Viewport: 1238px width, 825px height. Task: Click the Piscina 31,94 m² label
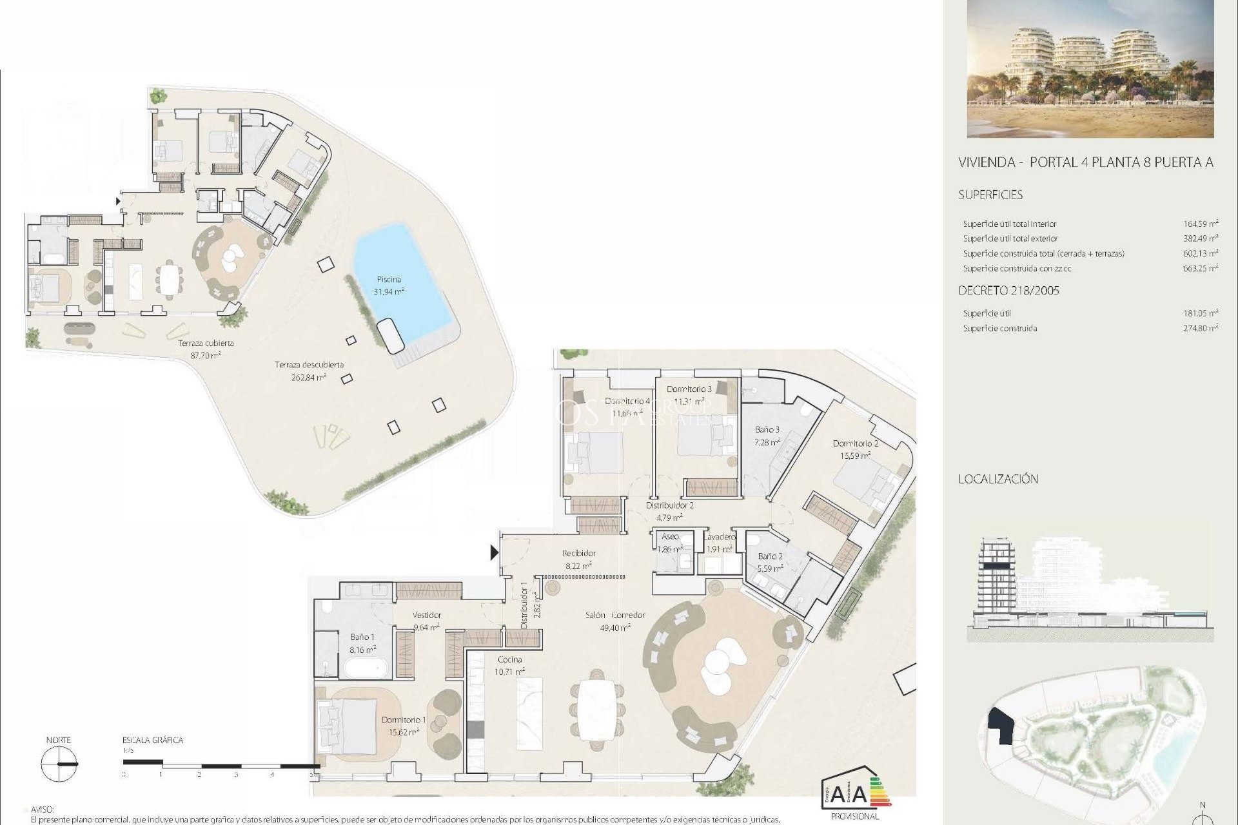click(x=389, y=286)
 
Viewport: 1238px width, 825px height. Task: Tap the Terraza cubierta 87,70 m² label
click(x=206, y=349)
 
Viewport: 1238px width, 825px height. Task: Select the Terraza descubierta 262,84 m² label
click(x=309, y=371)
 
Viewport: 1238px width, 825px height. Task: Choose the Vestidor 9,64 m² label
click(x=426, y=620)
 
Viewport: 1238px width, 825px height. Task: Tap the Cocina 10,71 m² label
click(x=509, y=665)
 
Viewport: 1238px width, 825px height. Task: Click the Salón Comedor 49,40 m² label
click(x=614, y=621)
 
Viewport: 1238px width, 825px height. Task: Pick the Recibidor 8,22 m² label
click(x=578, y=559)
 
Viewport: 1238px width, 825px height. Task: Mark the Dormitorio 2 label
click(x=855, y=449)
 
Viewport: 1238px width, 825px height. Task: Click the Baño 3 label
click(x=767, y=435)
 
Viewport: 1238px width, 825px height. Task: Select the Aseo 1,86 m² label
click(x=670, y=542)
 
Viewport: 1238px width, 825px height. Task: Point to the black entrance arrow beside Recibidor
click(x=495, y=552)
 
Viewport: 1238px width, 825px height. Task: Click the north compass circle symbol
click(x=59, y=764)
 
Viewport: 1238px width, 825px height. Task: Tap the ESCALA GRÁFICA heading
click(x=153, y=740)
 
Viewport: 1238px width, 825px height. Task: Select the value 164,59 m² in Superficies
click(x=1201, y=224)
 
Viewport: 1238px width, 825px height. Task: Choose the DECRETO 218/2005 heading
click(x=1008, y=291)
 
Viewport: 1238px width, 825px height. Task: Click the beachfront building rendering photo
click(x=1090, y=69)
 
